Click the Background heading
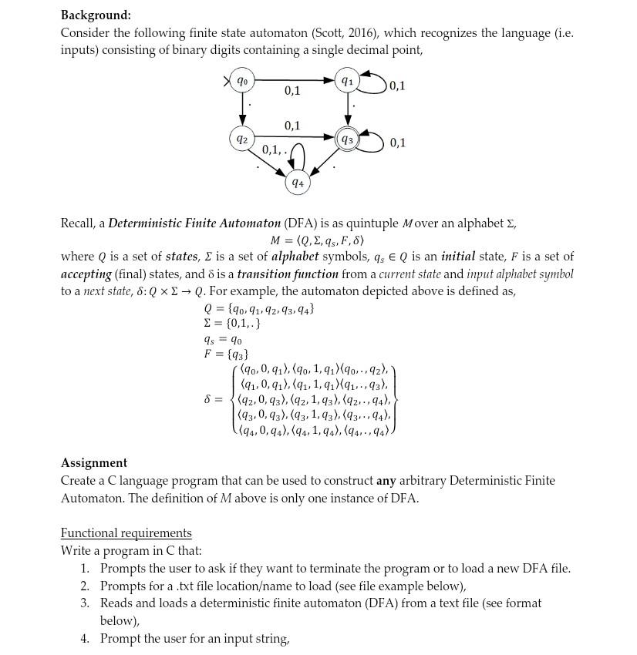point(96,15)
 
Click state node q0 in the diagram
point(242,80)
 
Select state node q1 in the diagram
point(348,80)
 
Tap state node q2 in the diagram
point(242,139)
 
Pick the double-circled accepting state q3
point(348,139)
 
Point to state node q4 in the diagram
point(297,183)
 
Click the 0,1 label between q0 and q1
point(292,91)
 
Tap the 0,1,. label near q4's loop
point(275,149)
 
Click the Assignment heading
point(94,462)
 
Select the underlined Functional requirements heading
point(126,532)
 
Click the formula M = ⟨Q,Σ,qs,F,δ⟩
point(317,240)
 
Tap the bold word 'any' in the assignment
point(386,480)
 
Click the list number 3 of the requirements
point(86,603)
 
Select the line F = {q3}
point(225,354)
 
